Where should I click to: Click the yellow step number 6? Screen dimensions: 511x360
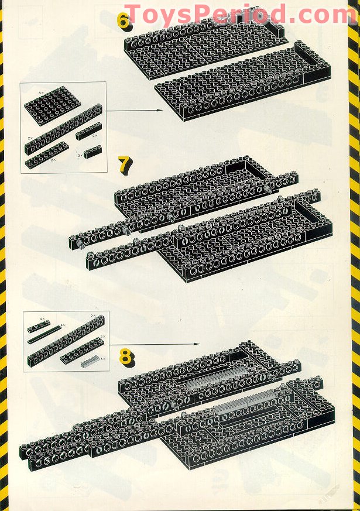tap(124, 21)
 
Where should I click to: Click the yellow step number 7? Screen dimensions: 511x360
tap(124, 165)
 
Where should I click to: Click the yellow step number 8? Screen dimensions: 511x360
tap(126, 355)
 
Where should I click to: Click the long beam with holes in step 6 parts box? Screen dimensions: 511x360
tap(63, 128)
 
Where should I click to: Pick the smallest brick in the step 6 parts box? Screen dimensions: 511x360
tap(92, 152)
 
